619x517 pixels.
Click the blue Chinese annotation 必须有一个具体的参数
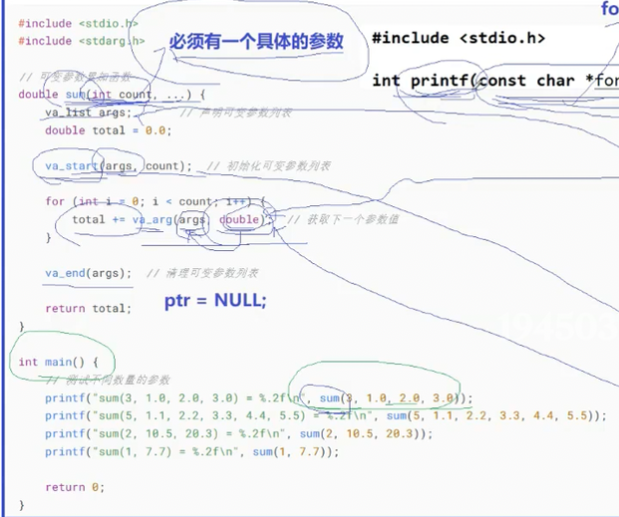coord(256,42)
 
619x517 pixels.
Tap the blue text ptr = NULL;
coord(215,300)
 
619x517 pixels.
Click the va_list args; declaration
coord(88,113)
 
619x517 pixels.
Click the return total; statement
coord(88,309)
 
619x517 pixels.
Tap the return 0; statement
coord(74,487)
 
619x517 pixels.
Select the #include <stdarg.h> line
coord(82,41)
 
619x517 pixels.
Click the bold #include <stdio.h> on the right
coord(459,39)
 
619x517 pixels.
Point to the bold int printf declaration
coord(493,80)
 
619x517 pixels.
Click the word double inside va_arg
coord(240,219)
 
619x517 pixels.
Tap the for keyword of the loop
coord(56,201)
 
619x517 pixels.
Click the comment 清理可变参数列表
coord(204,273)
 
